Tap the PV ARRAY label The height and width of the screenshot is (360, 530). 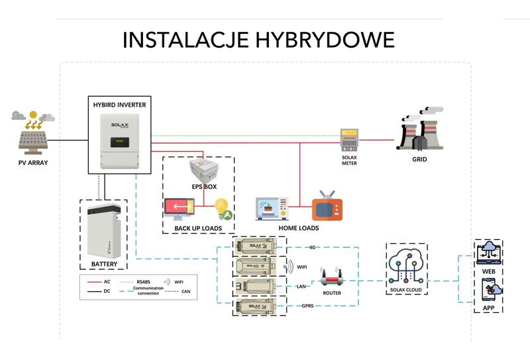tap(33, 162)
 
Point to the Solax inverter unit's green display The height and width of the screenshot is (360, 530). tap(120, 141)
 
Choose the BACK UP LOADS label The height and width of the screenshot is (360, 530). tap(198, 228)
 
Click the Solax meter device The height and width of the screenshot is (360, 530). tap(349, 140)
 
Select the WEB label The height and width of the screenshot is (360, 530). tap(488, 271)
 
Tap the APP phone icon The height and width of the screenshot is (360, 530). tap(489, 290)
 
